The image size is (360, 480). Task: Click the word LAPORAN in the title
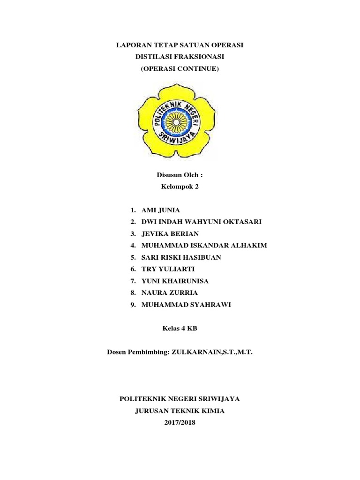pos(133,45)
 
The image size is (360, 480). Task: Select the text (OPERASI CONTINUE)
pos(180,68)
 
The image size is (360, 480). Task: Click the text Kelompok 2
pos(180,187)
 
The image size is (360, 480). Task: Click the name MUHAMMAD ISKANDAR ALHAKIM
pos(203,246)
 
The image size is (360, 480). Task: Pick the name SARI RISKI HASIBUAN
pos(184,257)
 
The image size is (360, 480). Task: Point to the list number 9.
pos(133,305)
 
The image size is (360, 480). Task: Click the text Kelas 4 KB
pos(180,329)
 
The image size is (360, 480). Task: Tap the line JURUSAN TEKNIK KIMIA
pos(180,411)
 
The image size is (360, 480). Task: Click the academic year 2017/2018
pos(180,423)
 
